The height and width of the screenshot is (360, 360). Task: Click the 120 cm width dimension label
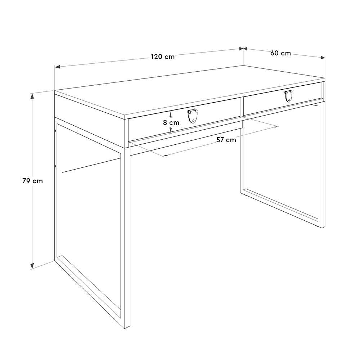(x=163, y=57)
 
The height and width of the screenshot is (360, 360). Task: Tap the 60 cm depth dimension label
(x=280, y=53)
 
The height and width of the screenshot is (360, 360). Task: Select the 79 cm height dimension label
(x=33, y=181)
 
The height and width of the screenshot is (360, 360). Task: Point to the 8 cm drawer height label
(x=171, y=123)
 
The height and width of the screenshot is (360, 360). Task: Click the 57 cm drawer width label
(x=226, y=140)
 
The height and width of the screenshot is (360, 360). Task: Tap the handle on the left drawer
(x=192, y=116)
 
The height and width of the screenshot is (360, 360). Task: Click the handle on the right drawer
(x=288, y=96)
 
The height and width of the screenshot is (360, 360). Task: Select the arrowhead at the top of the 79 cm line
(x=32, y=96)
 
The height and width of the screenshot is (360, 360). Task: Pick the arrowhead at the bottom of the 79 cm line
(x=32, y=265)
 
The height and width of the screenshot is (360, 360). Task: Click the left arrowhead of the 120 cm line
(x=58, y=67)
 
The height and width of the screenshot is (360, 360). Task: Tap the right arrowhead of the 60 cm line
(x=323, y=57)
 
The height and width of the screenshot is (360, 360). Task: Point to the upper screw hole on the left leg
(x=56, y=131)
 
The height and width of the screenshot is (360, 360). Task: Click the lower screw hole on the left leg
(x=56, y=166)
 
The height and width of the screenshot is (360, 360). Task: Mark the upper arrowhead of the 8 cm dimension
(x=171, y=114)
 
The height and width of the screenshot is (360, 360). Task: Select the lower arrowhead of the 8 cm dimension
(x=171, y=130)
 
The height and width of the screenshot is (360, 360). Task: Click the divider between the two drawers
(x=242, y=107)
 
